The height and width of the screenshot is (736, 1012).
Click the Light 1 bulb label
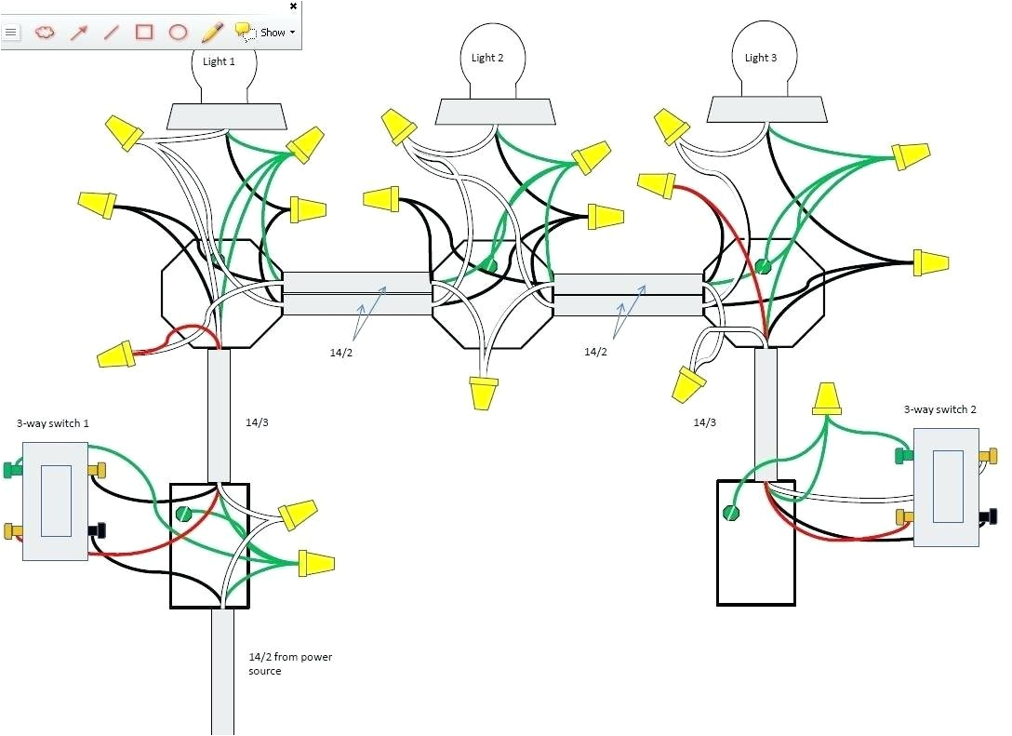pyautogui.click(x=219, y=61)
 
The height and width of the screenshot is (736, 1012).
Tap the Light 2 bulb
pyautogui.click(x=487, y=58)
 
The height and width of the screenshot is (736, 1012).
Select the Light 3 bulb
pyautogui.click(x=761, y=58)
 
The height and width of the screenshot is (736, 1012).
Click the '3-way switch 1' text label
pyautogui.click(x=53, y=423)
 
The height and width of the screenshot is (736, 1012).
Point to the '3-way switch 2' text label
pyautogui.click(x=939, y=409)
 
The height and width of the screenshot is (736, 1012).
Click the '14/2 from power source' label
pyautogui.click(x=290, y=663)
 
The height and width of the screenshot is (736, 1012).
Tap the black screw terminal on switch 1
pyautogui.click(x=97, y=530)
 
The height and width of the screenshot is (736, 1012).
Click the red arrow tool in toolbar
pyautogui.click(x=78, y=32)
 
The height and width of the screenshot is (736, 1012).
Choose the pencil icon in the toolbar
pyautogui.click(x=212, y=32)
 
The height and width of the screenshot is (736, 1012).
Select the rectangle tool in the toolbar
pyautogui.click(x=144, y=32)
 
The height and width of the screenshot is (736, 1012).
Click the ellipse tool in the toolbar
pyautogui.click(x=178, y=32)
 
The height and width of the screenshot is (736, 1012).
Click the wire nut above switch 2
pyautogui.click(x=828, y=399)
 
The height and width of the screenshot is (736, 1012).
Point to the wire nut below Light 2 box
pyautogui.click(x=483, y=394)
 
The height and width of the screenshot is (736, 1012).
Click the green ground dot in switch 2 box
pyautogui.click(x=732, y=512)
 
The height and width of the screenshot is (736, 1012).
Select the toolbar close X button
pyautogui.click(x=294, y=7)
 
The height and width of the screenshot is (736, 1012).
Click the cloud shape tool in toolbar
pyautogui.click(x=45, y=32)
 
